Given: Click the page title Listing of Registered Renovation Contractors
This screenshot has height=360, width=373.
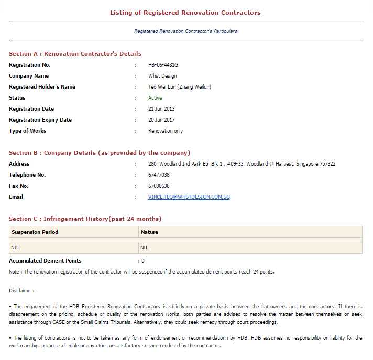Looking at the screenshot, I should click(x=185, y=13).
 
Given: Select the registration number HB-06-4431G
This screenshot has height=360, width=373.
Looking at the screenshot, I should click(x=163, y=65).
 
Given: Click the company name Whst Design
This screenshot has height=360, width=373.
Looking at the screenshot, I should click(x=162, y=76).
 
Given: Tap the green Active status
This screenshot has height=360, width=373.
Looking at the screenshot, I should click(x=155, y=98).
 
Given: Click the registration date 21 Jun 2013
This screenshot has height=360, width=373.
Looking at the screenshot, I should click(x=161, y=109).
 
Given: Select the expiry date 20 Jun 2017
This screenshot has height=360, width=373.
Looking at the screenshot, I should click(x=161, y=120).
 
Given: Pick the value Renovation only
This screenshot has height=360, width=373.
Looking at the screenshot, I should click(x=166, y=131).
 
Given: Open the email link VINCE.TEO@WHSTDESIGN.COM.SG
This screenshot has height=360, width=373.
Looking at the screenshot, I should click(x=189, y=197).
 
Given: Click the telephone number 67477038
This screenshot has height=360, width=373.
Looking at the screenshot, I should click(x=159, y=175).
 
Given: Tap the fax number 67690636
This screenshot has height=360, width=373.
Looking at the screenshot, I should click(x=159, y=186).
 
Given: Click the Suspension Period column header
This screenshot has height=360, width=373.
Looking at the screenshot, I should click(x=35, y=232).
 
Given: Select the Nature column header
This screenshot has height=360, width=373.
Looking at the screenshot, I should click(x=149, y=232).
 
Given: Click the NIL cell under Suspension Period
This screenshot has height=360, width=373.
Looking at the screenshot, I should click(x=15, y=247).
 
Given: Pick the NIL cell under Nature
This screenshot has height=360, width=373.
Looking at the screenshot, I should click(x=145, y=247).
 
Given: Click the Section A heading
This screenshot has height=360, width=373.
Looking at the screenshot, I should click(x=75, y=53).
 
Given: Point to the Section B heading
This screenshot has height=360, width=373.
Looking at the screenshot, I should click(x=100, y=153).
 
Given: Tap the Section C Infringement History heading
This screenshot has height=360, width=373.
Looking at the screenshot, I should click(x=85, y=219).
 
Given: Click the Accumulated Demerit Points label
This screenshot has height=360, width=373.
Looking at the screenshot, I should click(x=45, y=260).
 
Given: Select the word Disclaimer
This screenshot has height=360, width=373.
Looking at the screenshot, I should click(x=21, y=290).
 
